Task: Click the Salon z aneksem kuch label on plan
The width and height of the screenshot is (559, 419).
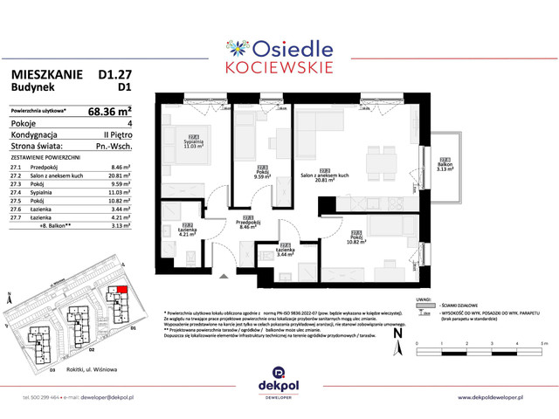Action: pyautogui.click(x=324, y=175)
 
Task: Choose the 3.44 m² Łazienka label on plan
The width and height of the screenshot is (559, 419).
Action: pyautogui.click(x=285, y=250)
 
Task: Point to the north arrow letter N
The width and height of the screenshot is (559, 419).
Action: pyautogui.click(x=397, y=332)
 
